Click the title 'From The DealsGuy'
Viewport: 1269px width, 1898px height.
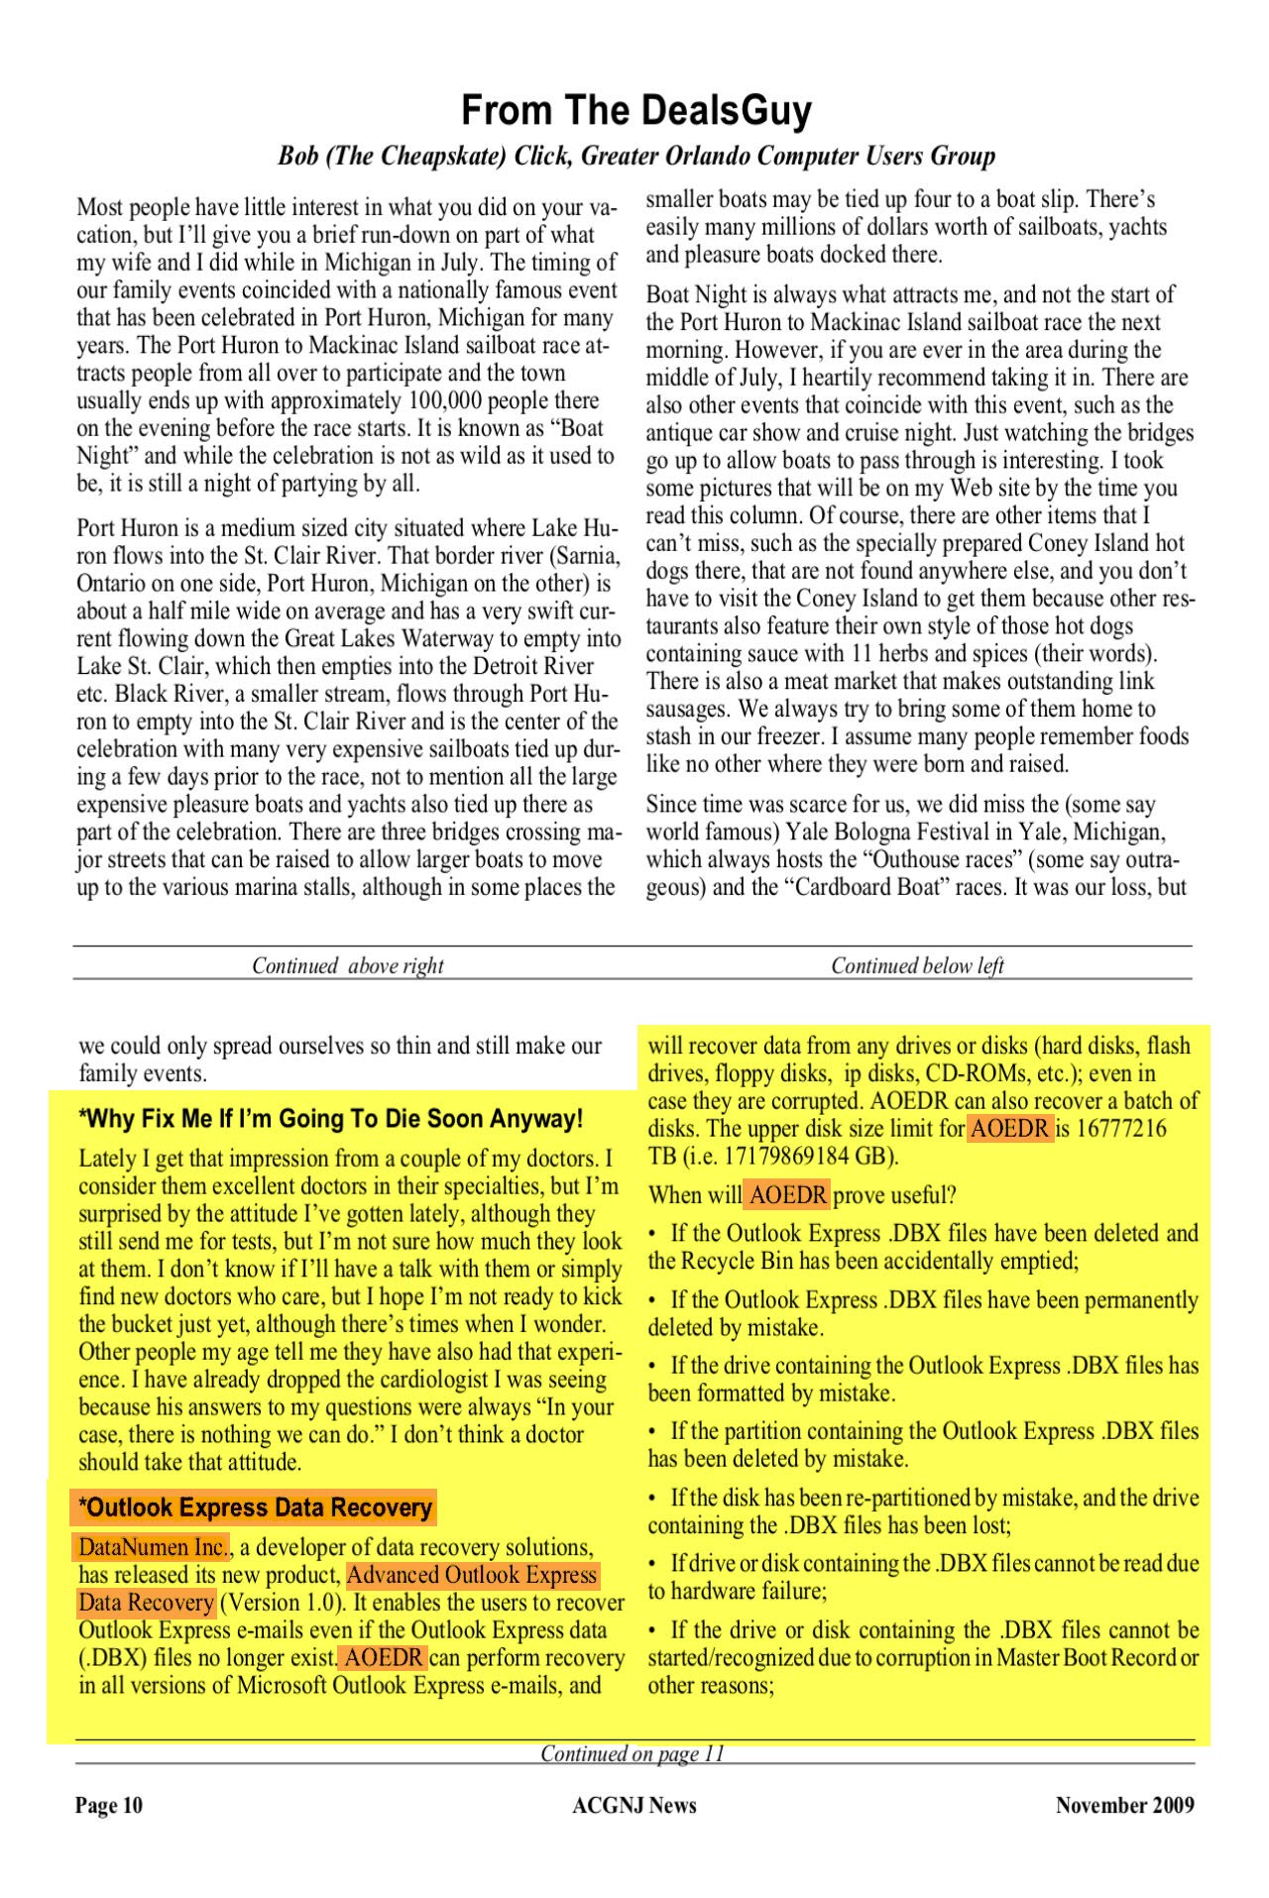coord(635,110)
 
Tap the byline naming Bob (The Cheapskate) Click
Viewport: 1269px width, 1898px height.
coord(635,157)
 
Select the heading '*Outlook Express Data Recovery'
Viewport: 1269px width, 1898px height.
coord(254,1507)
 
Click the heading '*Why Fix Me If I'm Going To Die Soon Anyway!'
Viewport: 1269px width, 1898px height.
coord(330,1119)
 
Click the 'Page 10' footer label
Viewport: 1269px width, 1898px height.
coord(109,1805)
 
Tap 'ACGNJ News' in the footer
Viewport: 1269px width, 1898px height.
coord(634,1805)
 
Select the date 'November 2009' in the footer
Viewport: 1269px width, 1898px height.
coord(1124,1805)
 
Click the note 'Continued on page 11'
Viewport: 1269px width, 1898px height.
coord(633,1753)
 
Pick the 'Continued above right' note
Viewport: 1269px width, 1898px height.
coord(347,965)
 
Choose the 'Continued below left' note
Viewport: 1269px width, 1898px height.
coord(917,965)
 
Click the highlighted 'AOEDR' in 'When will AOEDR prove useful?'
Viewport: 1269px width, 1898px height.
coord(787,1194)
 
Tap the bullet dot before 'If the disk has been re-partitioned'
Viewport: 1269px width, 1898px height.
coord(652,1499)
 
